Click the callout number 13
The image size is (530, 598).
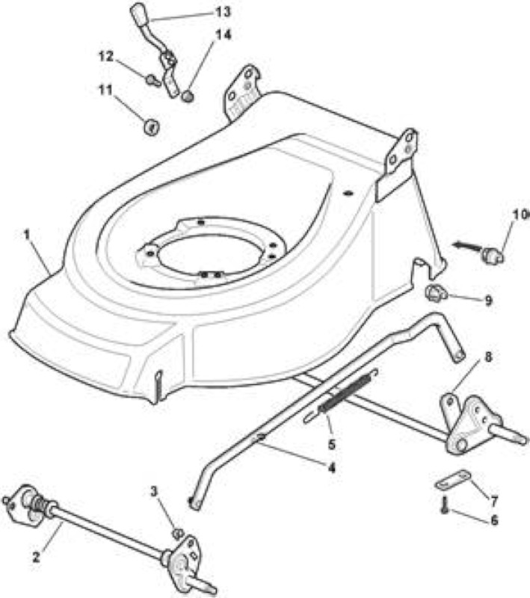(223, 12)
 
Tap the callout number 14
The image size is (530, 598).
(224, 34)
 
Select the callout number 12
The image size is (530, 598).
(106, 57)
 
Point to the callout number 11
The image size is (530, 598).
(105, 90)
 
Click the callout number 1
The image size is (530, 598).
(27, 235)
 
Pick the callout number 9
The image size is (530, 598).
(488, 301)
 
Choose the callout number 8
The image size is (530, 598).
(488, 357)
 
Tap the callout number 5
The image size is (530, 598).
(332, 444)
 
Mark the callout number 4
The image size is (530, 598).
(332, 468)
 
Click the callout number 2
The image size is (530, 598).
(36, 558)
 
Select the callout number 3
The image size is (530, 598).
(154, 492)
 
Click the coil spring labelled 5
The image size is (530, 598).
(348, 392)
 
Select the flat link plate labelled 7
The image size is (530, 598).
(453, 479)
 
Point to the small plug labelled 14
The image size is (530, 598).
(188, 96)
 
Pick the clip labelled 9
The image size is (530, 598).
(434, 293)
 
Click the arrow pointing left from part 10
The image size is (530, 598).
(466, 246)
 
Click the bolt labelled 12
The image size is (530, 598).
(153, 81)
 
